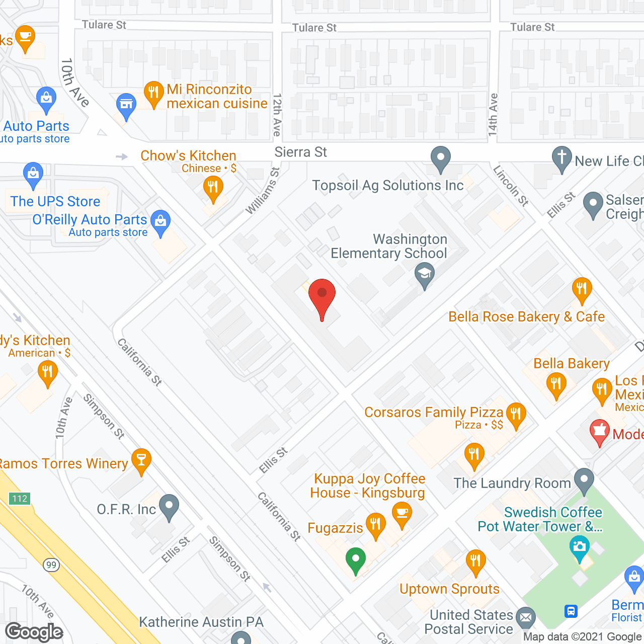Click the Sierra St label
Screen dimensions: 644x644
(x=301, y=152)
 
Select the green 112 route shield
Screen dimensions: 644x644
(x=20, y=498)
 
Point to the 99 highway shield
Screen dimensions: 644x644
(x=51, y=565)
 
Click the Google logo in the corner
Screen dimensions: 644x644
(x=34, y=631)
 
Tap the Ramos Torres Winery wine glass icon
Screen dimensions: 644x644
(x=141, y=460)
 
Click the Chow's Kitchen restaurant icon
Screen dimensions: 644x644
(x=213, y=188)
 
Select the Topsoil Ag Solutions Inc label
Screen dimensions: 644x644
(x=387, y=186)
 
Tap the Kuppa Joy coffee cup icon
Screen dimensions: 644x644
(x=401, y=514)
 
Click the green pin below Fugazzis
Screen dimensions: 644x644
(x=356, y=559)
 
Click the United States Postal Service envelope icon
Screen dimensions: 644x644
(x=526, y=617)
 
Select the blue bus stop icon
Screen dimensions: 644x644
(x=571, y=611)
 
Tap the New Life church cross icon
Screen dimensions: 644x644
(x=561, y=158)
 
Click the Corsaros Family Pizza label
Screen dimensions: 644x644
(x=434, y=413)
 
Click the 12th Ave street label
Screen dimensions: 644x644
(x=277, y=115)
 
